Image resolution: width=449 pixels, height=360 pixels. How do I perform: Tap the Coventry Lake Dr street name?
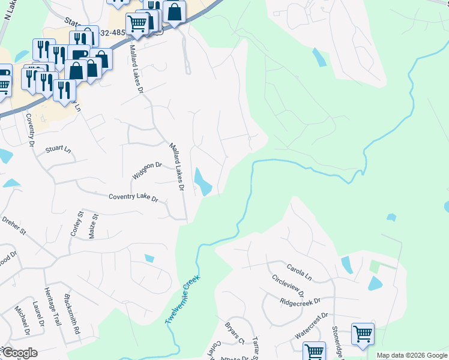pos(133,197)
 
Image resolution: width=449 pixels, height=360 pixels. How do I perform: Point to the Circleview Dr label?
pos(288,287)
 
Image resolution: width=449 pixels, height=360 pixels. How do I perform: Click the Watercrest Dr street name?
pos(312,324)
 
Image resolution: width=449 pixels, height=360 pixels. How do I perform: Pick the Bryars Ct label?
pos(234,335)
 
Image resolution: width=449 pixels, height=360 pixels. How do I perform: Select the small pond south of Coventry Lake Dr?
pos(149,259)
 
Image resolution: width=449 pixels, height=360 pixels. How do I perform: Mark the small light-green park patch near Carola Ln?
pos(375,265)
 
